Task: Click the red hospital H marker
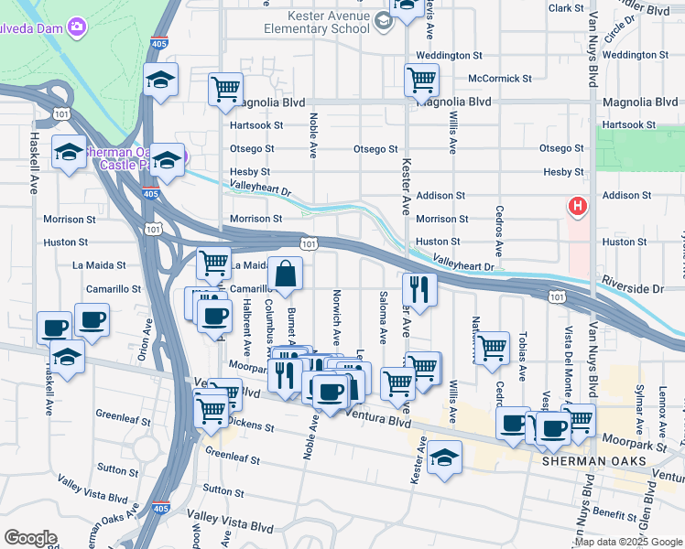click(577, 208)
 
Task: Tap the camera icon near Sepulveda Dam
click(79, 27)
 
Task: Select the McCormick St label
click(499, 79)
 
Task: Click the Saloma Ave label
click(382, 312)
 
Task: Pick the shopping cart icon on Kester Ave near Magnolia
click(420, 80)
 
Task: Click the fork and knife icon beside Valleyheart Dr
click(419, 288)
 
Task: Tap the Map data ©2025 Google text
click(628, 542)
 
